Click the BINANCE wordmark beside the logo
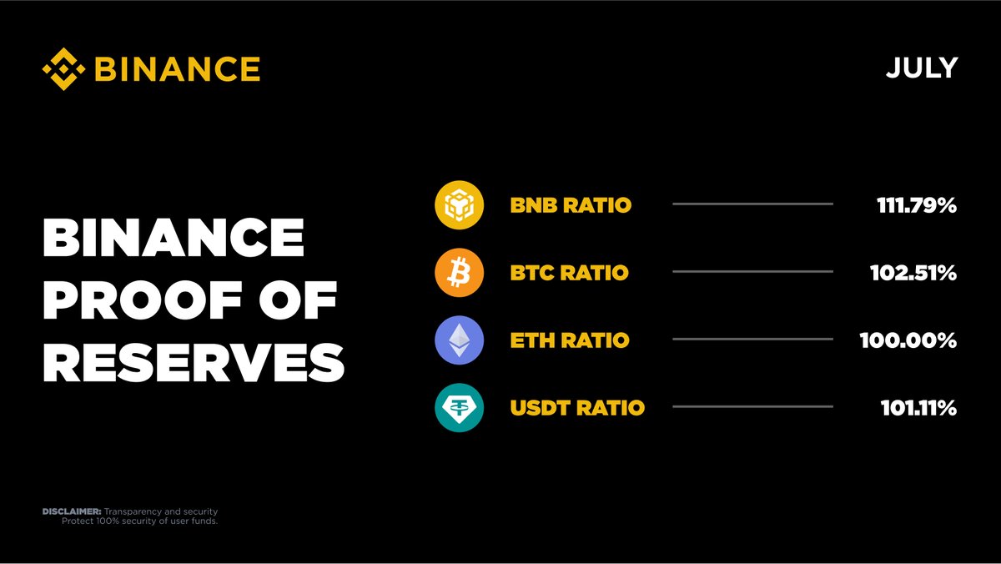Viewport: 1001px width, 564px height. point(177,68)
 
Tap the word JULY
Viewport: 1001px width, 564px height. point(921,68)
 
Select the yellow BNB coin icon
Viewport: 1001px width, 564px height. point(460,204)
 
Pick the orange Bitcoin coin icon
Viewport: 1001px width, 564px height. point(460,273)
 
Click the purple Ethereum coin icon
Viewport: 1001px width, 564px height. point(460,340)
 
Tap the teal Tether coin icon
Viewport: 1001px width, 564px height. point(460,408)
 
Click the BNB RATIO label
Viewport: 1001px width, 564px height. point(571,205)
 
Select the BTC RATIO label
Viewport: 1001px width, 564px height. point(569,273)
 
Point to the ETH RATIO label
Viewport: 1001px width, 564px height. point(570,340)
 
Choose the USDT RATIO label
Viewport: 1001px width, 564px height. point(577,408)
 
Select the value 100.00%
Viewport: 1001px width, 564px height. point(908,340)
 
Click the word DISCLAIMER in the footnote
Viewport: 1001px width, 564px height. point(71,511)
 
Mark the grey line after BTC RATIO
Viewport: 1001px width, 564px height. point(752,271)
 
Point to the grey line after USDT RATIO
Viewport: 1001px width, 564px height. point(752,406)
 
